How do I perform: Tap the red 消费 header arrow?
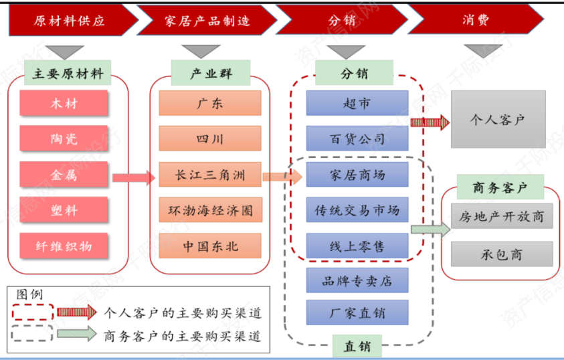click(x=475, y=20)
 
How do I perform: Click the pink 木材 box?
click(x=64, y=104)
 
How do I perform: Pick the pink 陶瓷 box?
click(x=64, y=139)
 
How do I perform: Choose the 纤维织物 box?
click(x=64, y=246)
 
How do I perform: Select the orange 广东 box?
click(x=210, y=104)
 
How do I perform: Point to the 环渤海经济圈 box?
click(x=210, y=210)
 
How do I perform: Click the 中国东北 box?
click(x=210, y=246)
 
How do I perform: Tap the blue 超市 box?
click(x=357, y=104)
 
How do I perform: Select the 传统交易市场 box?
click(x=357, y=210)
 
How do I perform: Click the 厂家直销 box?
click(x=357, y=312)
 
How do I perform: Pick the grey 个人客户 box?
click(x=498, y=120)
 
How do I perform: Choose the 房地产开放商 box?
click(x=502, y=217)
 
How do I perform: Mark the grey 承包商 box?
click(x=502, y=254)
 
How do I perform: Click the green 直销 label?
click(x=357, y=347)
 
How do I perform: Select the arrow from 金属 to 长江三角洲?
click(x=133, y=177)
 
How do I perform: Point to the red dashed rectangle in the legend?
click(x=32, y=312)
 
